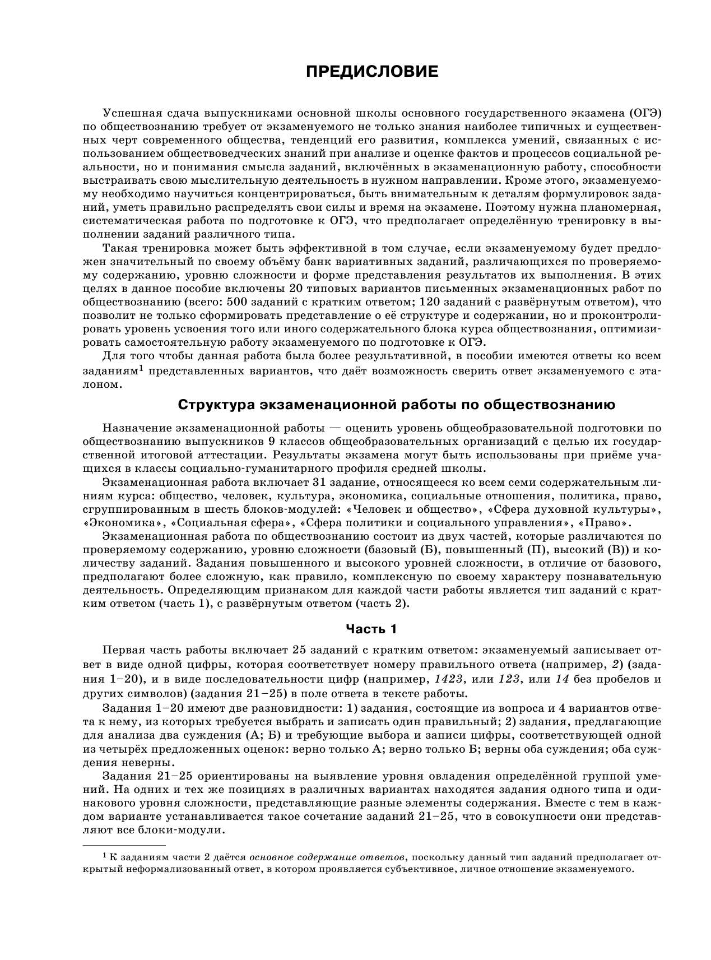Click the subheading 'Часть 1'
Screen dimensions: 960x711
click(371, 629)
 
